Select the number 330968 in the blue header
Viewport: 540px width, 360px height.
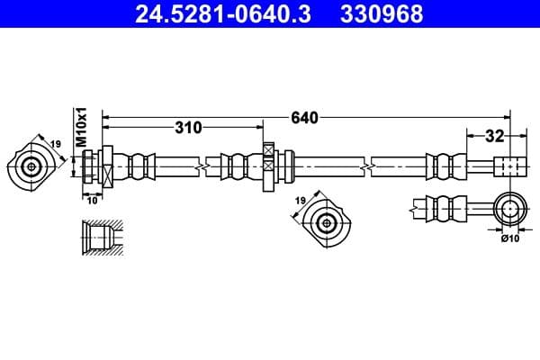380,14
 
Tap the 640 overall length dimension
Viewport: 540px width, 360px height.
305,116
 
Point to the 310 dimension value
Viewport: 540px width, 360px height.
188,128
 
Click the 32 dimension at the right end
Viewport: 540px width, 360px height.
492,136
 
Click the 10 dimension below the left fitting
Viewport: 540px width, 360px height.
93,200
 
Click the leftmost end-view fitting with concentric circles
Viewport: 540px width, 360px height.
32,166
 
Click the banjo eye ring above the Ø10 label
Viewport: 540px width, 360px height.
510,208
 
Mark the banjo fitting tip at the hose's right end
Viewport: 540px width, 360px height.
508,167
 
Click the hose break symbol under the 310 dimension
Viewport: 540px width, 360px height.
208,166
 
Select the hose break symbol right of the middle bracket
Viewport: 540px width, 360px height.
368,166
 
